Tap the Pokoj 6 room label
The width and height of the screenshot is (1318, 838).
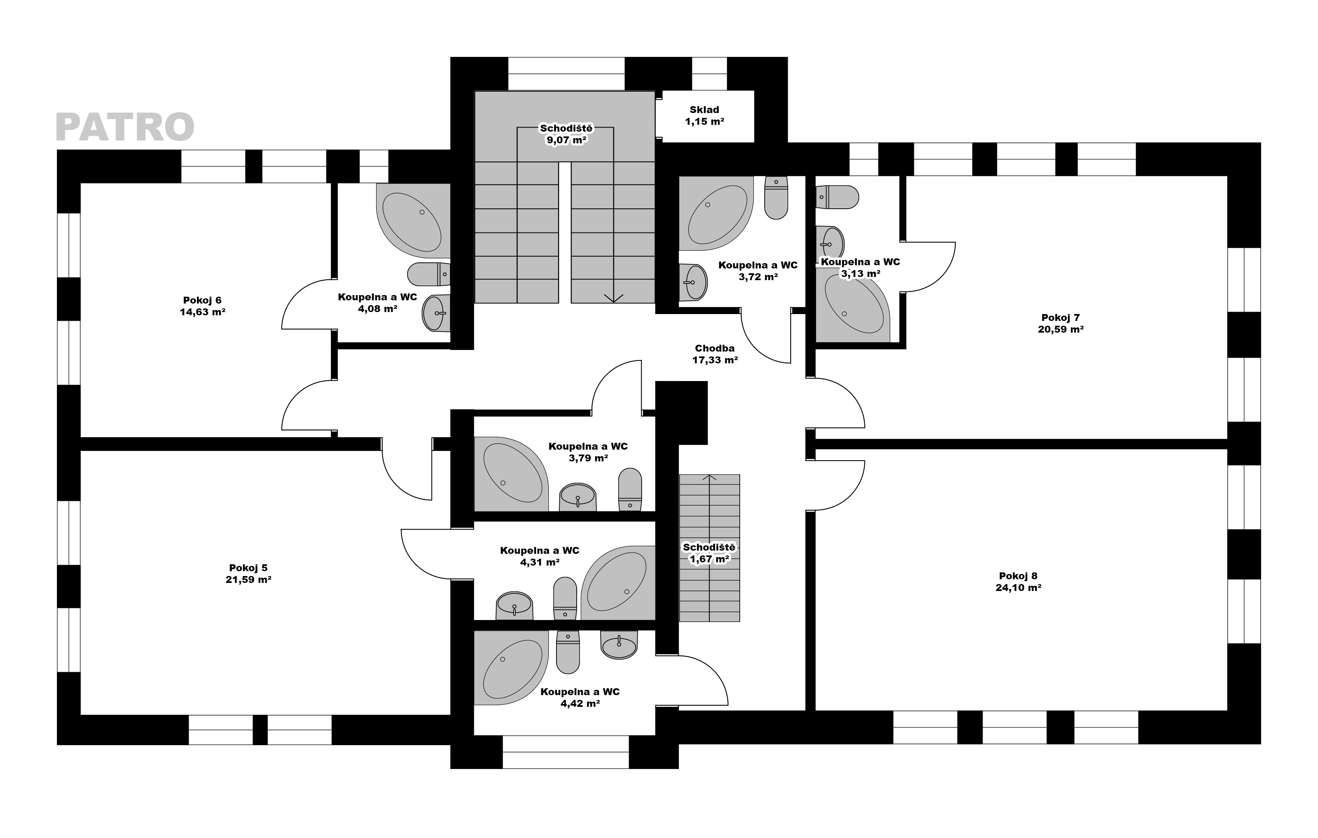[x=202, y=300]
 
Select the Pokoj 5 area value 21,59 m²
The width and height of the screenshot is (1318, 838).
[x=249, y=580]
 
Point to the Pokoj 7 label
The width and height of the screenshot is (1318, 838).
[x=1060, y=317]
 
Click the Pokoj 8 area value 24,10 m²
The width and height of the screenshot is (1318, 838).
[x=1018, y=588]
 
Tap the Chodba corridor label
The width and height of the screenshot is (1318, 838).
[x=714, y=348]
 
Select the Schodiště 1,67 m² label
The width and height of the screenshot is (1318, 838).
[x=709, y=553]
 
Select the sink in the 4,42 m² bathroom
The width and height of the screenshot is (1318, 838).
[x=619, y=645]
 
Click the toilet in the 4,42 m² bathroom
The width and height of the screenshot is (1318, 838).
[x=567, y=652]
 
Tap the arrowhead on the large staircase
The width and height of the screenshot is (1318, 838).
[x=613, y=298]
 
